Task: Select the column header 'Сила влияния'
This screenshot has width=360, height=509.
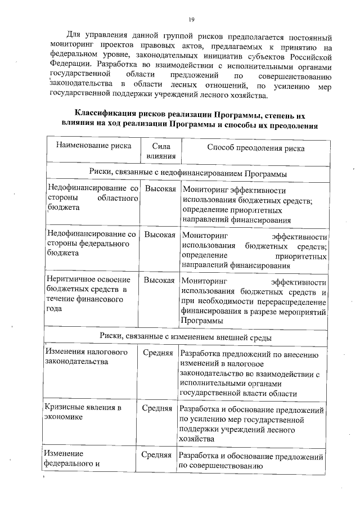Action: click(x=161, y=151)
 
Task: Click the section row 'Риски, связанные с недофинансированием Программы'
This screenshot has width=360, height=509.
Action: click(x=186, y=174)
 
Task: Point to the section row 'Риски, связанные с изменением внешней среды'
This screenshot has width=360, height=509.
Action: click(x=186, y=337)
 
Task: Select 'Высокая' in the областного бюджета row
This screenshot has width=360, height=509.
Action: click(x=160, y=190)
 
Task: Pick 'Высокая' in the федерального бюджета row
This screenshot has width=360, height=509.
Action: click(x=160, y=235)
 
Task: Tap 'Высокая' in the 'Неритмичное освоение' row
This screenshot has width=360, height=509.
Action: click(x=160, y=280)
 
